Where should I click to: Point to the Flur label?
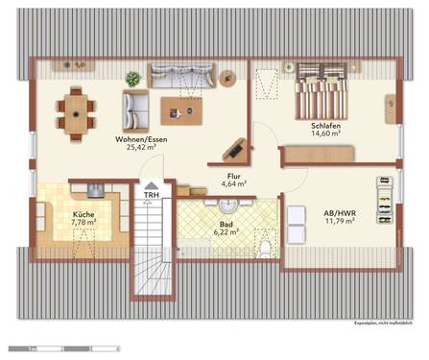coord(233,176)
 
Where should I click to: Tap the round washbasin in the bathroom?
coord(227,204)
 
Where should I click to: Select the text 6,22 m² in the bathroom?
coord(225,231)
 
